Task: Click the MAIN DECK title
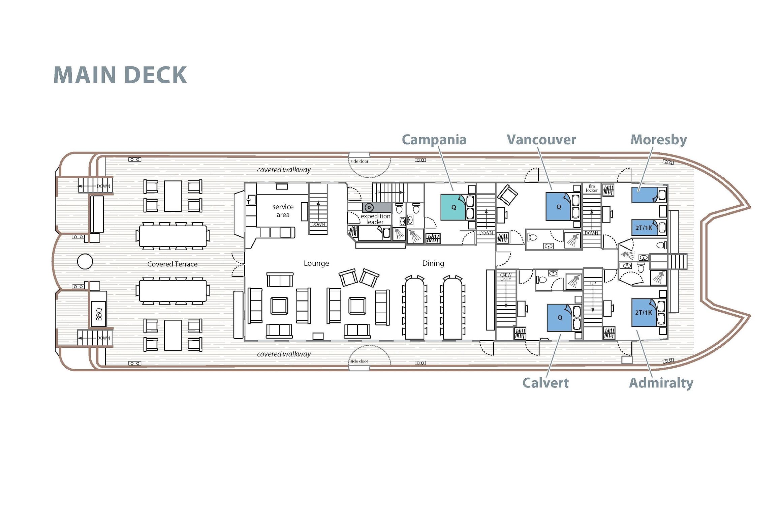pyautogui.click(x=120, y=75)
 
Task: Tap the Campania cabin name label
pyautogui.click(x=434, y=140)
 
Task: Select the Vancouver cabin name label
pyautogui.click(x=541, y=140)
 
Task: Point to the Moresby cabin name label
pyautogui.click(x=658, y=140)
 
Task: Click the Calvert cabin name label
pyautogui.click(x=545, y=383)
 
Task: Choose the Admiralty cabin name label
pyautogui.click(x=661, y=383)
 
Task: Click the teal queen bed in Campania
pyautogui.click(x=453, y=207)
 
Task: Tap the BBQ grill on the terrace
pyautogui.click(x=99, y=314)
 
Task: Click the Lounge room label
pyautogui.click(x=316, y=263)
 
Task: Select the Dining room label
pyautogui.click(x=433, y=263)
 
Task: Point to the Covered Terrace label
pyautogui.click(x=172, y=264)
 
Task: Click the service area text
pyautogui.click(x=283, y=211)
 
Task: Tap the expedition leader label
pyautogui.click(x=375, y=219)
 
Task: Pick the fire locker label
pyautogui.click(x=592, y=188)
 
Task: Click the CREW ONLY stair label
pyautogui.click(x=506, y=277)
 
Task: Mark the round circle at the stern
pyautogui.click(x=85, y=261)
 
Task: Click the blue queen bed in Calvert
pyautogui.click(x=559, y=317)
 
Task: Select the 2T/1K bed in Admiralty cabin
pyautogui.click(x=644, y=313)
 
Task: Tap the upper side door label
pyautogui.click(x=359, y=161)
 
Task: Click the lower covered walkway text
pyautogui.click(x=284, y=354)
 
